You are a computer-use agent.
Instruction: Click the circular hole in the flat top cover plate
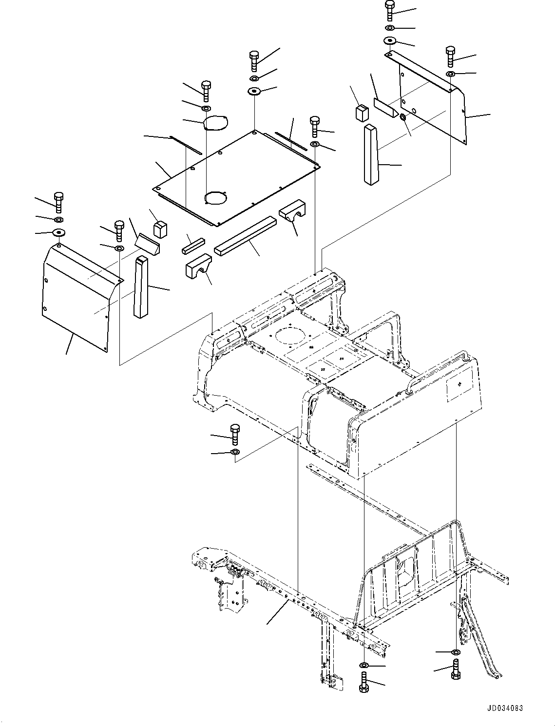[216, 198]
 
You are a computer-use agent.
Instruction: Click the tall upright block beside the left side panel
[140, 287]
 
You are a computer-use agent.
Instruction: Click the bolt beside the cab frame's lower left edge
[234, 434]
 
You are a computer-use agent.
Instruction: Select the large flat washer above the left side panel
[58, 232]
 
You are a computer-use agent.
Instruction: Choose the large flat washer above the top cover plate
[254, 91]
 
